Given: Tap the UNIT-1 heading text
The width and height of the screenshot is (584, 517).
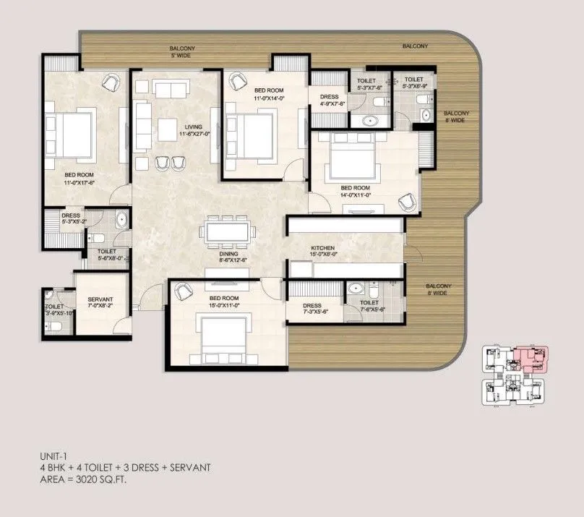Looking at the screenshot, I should click(53, 456).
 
